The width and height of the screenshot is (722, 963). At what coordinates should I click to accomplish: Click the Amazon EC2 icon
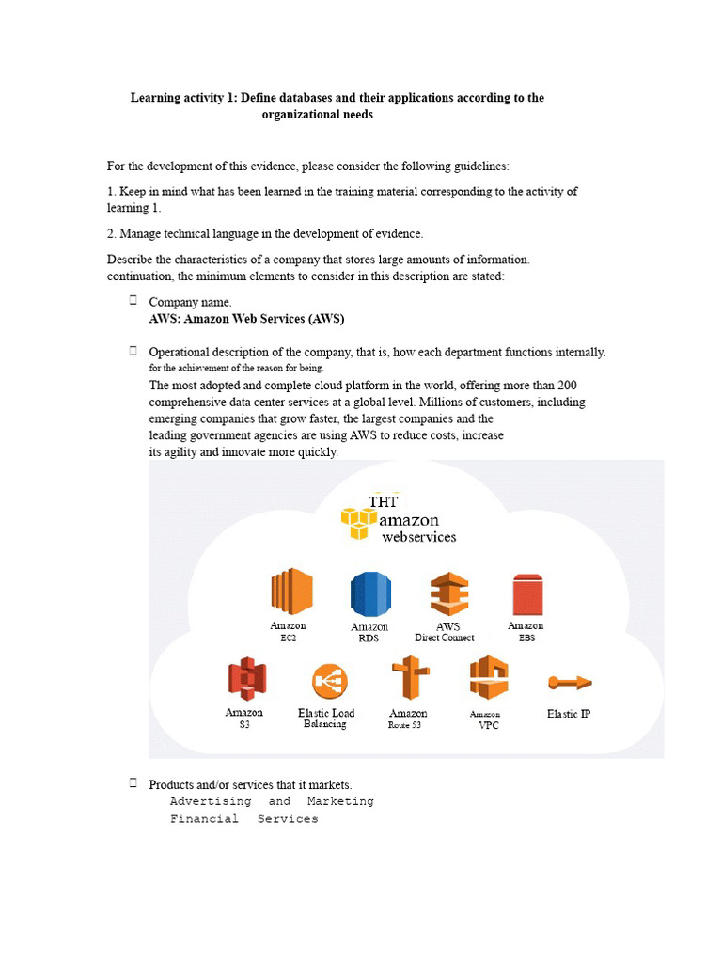[x=291, y=592]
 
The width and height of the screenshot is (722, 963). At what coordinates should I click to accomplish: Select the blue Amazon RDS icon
[x=370, y=594]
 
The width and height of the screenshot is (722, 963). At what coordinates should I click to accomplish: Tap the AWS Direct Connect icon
[x=448, y=593]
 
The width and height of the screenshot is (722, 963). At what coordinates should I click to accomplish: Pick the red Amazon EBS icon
[x=526, y=594]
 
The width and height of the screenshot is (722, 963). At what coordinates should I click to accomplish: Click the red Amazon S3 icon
[x=246, y=679]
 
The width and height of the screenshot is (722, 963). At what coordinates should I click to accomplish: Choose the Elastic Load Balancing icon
[x=329, y=682]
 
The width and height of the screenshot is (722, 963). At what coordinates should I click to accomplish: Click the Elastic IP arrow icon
[x=569, y=682]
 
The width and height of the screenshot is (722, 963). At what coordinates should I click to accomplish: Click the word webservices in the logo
[x=418, y=537]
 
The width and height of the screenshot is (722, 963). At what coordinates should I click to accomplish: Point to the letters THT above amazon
[x=384, y=501]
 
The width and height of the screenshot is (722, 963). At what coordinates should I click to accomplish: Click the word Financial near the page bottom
[x=204, y=819]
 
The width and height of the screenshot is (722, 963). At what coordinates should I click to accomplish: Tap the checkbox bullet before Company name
[x=133, y=301]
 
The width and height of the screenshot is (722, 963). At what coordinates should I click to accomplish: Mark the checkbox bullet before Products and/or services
[x=133, y=782]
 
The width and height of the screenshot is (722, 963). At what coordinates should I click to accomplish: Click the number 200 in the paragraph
[x=566, y=386]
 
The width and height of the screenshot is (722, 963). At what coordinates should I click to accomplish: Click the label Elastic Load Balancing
[x=326, y=718]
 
